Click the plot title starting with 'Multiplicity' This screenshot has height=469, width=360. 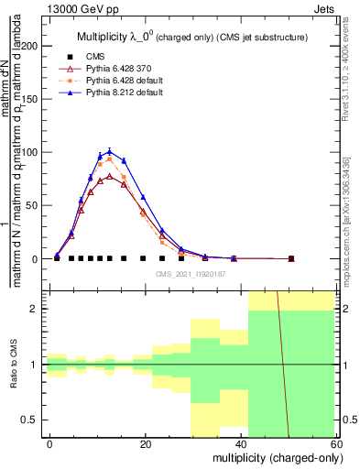[191, 37]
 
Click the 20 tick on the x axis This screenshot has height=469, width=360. [146, 443]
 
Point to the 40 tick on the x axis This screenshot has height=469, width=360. [241, 443]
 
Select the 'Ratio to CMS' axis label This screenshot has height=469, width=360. [13, 365]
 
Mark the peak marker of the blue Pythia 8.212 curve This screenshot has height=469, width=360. [110, 152]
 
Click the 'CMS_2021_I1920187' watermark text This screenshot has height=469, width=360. [189, 273]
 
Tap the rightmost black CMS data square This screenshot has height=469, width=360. [291, 259]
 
